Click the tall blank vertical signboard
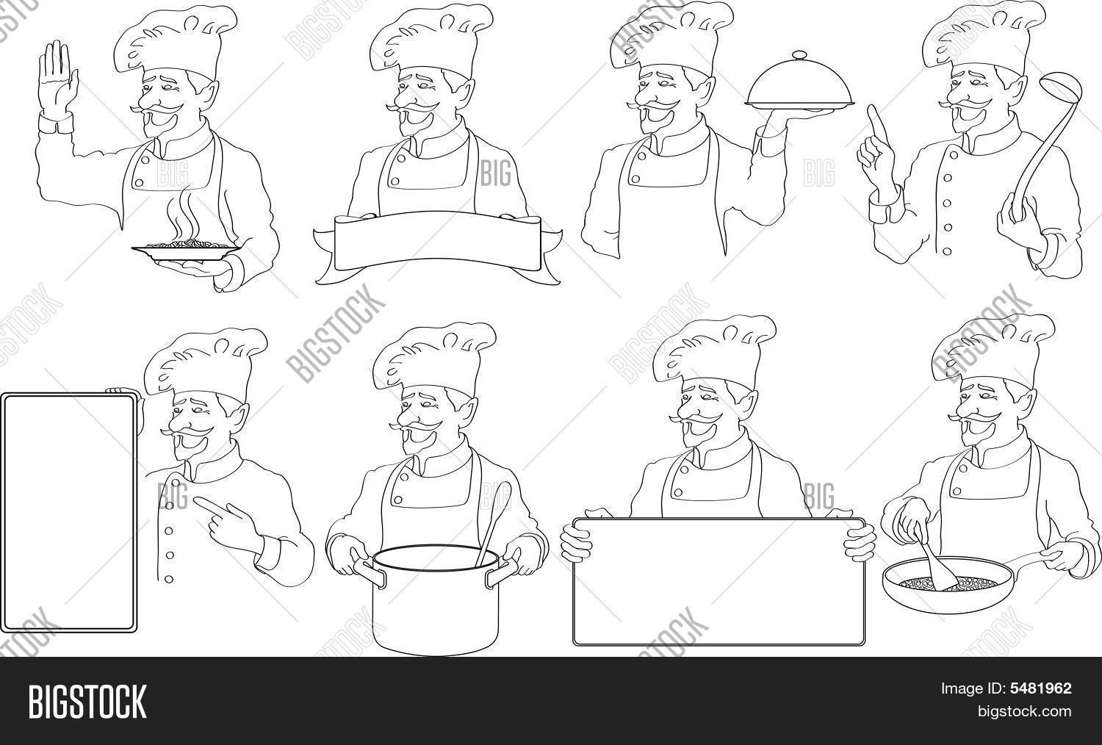coord(69,512)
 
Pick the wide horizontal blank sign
coord(719,581)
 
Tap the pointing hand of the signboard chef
coord(228,522)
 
